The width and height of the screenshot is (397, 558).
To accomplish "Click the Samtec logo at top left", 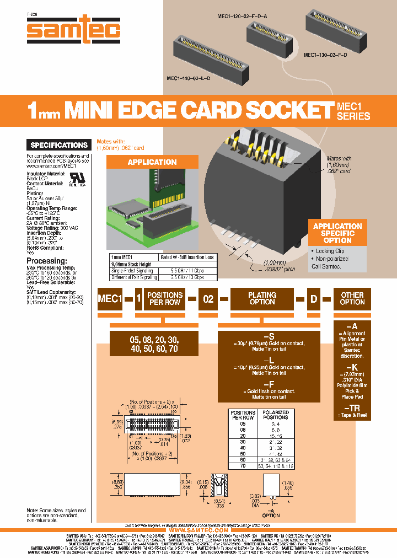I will pos(73,31).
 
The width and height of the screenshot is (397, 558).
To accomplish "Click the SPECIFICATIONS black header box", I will pos(59,145).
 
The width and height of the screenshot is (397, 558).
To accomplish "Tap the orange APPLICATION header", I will pos(152,162).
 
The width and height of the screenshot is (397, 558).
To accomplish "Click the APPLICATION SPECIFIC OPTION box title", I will pos(337,233).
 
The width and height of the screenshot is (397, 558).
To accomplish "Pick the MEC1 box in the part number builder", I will pos(109,299).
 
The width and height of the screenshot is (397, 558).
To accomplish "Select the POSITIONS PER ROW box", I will pos(165,299).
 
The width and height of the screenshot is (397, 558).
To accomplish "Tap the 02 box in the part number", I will pos(208,299).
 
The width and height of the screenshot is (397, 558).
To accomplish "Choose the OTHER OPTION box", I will pos(352,299).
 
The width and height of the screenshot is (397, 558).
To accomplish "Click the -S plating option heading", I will pos(269,336).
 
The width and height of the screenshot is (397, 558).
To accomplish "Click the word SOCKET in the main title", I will pos(283,110).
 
